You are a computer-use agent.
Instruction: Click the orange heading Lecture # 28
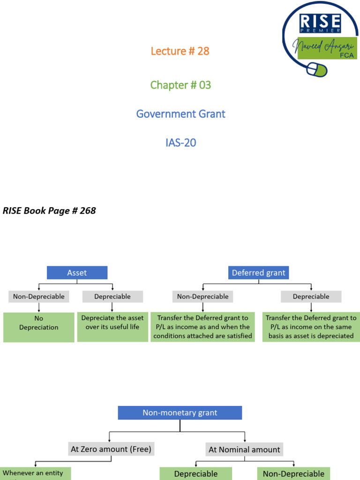click(180, 51)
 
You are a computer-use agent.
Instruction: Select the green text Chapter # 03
click(180, 85)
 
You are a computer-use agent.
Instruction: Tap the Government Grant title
click(180, 114)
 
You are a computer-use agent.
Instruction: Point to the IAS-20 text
click(180, 142)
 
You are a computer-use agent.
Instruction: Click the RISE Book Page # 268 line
click(49, 210)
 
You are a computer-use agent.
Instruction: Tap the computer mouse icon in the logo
click(317, 70)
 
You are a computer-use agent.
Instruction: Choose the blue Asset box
click(77, 273)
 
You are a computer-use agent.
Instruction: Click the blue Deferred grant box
click(258, 273)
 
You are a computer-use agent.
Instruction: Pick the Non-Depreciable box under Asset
click(39, 296)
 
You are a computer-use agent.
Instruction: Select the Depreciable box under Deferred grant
click(311, 296)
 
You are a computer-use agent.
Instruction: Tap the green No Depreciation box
click(39, 327)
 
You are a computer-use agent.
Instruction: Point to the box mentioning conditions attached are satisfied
click(202, 327)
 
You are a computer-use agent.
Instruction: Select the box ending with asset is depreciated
click(311, 327)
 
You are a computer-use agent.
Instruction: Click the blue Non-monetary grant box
click(180, 413)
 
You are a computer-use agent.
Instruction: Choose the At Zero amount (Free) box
click(111, 449)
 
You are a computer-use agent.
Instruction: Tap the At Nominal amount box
click(244, 450)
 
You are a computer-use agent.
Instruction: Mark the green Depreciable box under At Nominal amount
click(196, 473)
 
